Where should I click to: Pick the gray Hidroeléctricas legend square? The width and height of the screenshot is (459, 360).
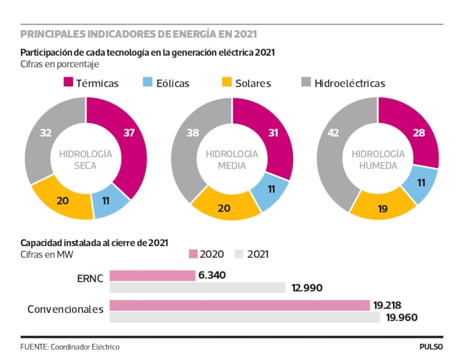click(x=306, y=83)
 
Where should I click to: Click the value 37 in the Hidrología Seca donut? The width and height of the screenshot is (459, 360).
click(x=130, y=133)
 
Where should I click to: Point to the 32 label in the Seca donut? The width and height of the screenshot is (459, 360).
click(x=46, y=133)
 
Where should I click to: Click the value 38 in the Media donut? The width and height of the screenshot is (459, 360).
click(x=193, y=133)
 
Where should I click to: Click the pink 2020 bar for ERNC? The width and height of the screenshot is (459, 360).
click(x=152, y=276)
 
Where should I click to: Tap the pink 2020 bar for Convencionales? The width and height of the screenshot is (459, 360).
click(x=239, y=305)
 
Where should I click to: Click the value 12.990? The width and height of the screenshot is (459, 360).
click(x=307, y=288)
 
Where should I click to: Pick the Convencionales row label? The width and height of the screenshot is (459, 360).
click(x=65, y=309)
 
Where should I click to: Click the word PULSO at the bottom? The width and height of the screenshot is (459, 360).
click(x=431, y=347)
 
